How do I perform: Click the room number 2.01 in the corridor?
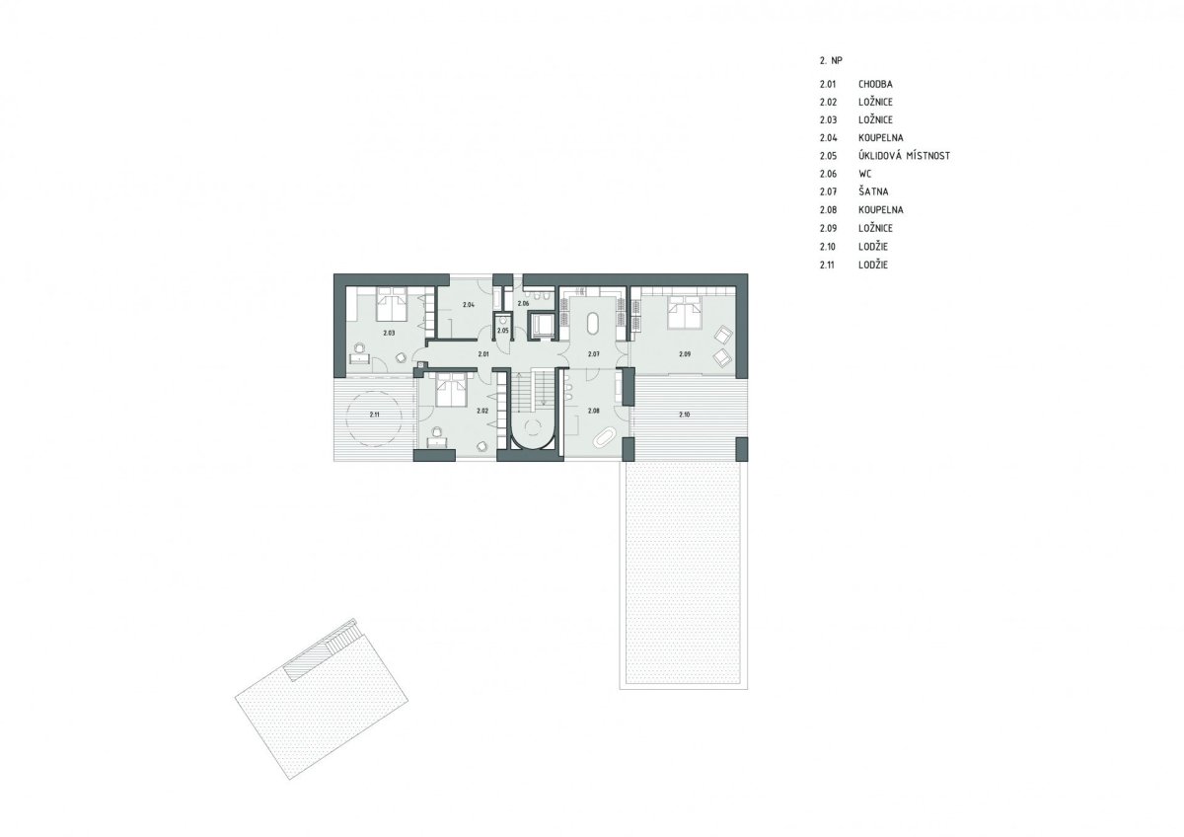[483, 353]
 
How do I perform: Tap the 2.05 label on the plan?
[502, 331]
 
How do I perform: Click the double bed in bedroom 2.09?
[685, 312]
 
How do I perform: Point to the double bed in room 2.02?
[451, 389]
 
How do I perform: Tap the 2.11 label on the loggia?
[374, 416]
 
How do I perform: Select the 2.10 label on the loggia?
[684, 416]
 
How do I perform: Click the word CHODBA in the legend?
[875, 84]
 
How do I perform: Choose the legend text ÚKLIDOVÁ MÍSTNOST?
[905, 156]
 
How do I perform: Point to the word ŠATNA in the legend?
[873, 191]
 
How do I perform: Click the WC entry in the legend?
[864, 174]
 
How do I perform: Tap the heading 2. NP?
[831, 61]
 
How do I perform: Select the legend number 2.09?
[828, 228]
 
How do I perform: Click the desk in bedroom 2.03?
[360, 359]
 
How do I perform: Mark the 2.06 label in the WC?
[523, 304]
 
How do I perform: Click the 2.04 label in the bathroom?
[468, 305]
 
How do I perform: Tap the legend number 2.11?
[827, 265]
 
